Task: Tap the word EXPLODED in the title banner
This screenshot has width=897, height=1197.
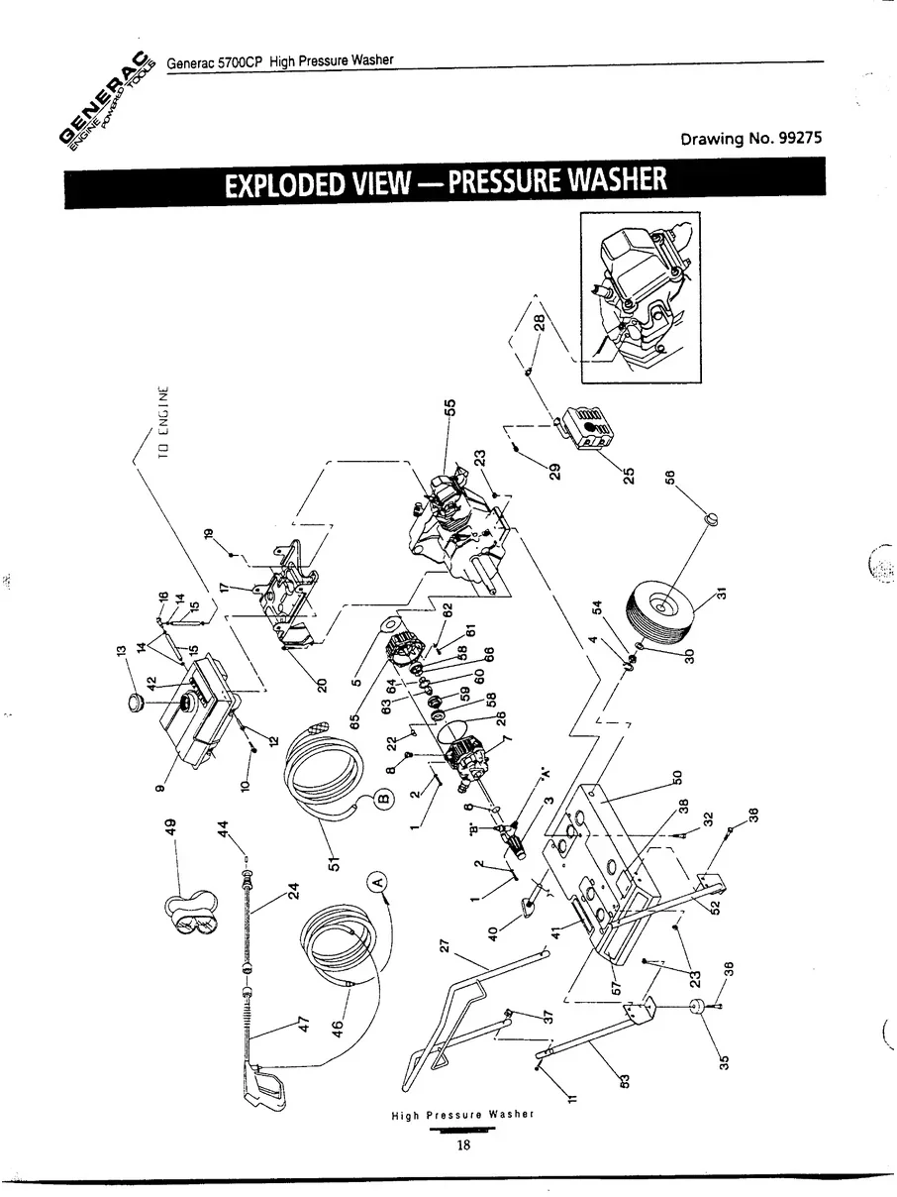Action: tap(282, 183)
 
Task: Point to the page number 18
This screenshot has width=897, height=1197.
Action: tap(462, 1146)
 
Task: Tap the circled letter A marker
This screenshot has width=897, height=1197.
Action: tap(377, 877)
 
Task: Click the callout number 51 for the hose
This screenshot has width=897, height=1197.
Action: tap(334, 861)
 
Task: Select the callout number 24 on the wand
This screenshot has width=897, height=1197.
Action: tap(292, 890)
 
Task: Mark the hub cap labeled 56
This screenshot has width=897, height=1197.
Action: tap(709, 516)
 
